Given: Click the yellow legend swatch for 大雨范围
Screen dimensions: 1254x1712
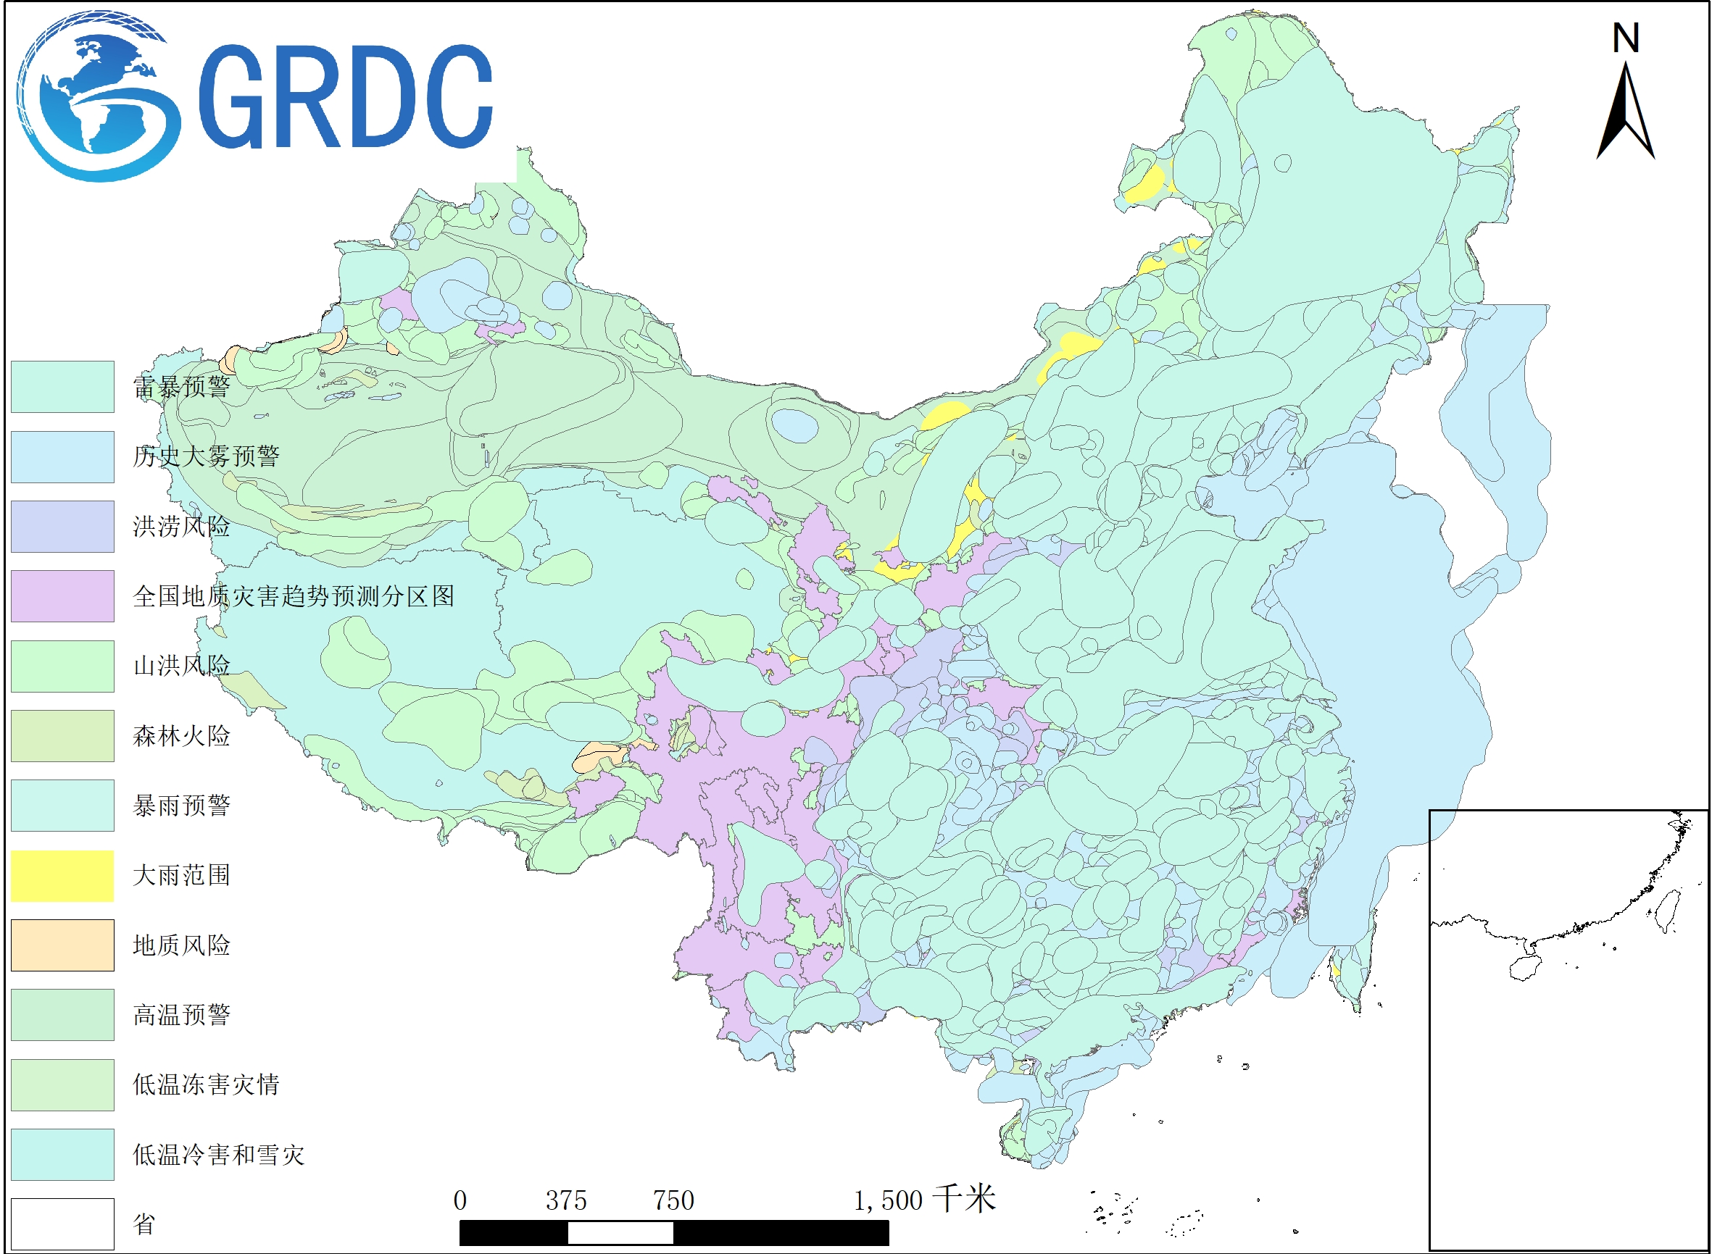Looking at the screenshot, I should pos(62,876).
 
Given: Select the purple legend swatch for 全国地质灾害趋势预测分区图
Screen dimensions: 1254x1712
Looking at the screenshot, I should pos(62,596).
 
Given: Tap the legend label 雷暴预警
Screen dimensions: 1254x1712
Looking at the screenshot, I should pos(180,386).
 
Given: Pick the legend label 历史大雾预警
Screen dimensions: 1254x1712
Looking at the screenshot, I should pos(206,456).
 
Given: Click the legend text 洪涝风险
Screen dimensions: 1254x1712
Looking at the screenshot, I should pos(180,526).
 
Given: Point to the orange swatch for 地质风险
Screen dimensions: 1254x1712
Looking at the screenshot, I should pos(62,946).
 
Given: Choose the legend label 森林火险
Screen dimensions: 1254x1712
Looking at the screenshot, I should pos(180,735).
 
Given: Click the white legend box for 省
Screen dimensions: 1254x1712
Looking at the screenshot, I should pos(62,1224).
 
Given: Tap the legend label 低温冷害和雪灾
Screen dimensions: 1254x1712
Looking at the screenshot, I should pos(218,1155).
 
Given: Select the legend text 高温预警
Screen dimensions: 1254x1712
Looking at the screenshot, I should pos(180,1015).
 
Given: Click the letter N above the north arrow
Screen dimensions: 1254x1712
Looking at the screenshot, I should pos(1626,38).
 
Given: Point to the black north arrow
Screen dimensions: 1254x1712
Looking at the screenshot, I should pos(1626,114).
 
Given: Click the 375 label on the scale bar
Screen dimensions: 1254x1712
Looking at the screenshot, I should pos(566,1201).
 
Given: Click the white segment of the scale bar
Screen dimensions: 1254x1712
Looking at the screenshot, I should pos(620,1233).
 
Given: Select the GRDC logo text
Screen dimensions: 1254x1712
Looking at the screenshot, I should pos(346,96).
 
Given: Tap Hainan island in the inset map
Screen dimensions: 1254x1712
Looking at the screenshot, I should pos(1524,968).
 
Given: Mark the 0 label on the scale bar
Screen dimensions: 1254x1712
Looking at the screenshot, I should pos(460,1201).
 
